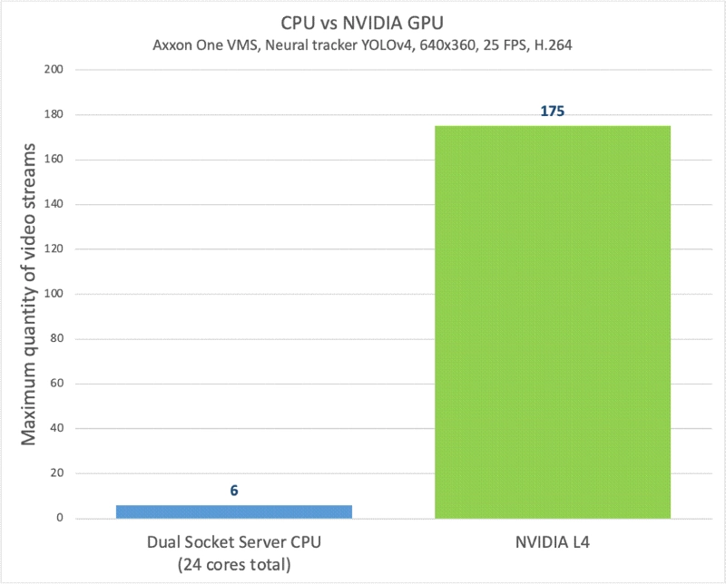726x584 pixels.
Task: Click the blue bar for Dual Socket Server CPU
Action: click(x=233, y=511)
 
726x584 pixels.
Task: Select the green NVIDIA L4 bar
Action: click(x=553, y=322)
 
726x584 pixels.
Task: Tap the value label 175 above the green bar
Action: click(x=553, y=112)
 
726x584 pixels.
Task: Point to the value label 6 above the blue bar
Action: click(x=233, y=491)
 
